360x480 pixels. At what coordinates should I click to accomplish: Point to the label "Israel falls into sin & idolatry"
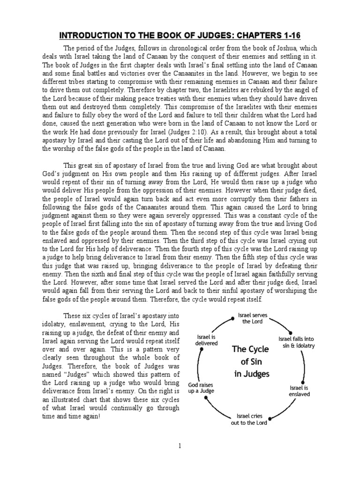coord(297,342)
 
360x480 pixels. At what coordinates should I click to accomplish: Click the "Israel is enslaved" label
coord(300,391)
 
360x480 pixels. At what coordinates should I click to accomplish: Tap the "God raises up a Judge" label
coord(201,387)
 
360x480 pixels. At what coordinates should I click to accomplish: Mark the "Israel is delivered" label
coord(206,340)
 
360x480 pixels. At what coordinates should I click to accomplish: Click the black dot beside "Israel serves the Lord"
coord(232,318)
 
